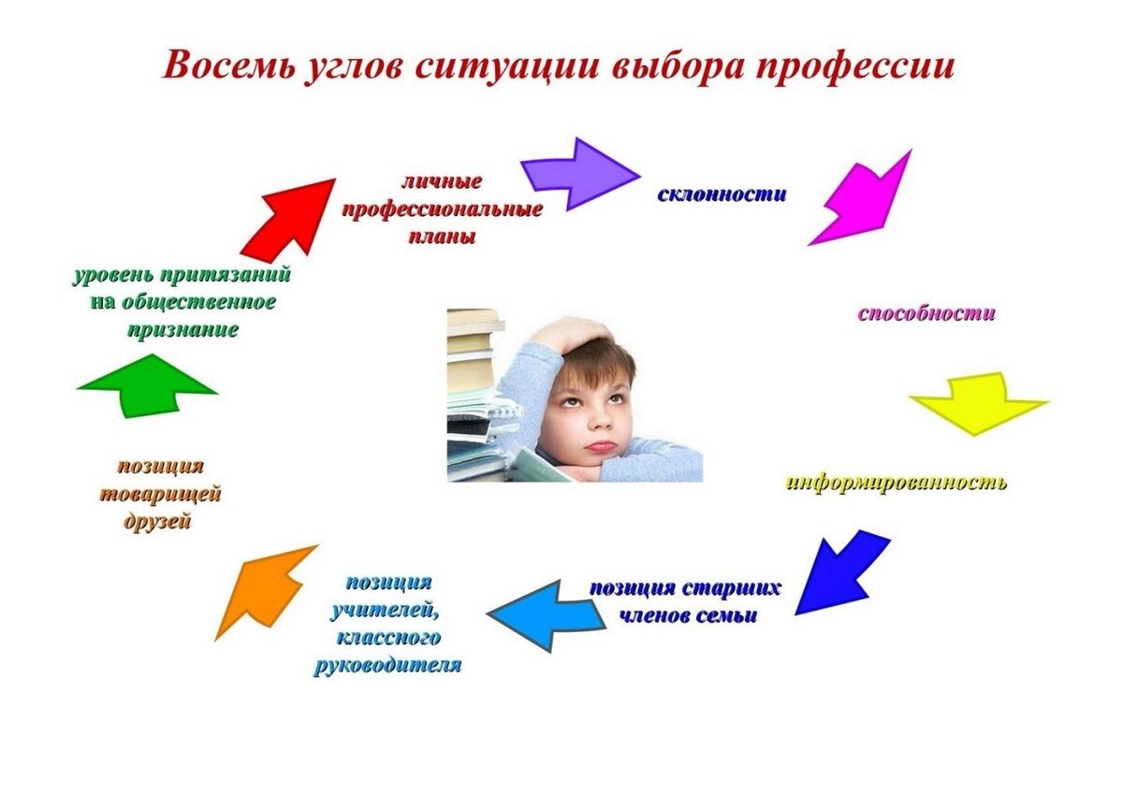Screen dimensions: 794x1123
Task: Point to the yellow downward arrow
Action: tap(978, 402)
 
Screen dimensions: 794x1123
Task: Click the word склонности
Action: tap(722, 195)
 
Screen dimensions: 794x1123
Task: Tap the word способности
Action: tap(926, 313)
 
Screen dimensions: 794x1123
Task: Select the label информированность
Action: tap(896, 483)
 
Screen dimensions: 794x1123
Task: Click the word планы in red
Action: tap(442, 236)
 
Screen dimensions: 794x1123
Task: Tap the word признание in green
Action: tap(182, 329)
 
